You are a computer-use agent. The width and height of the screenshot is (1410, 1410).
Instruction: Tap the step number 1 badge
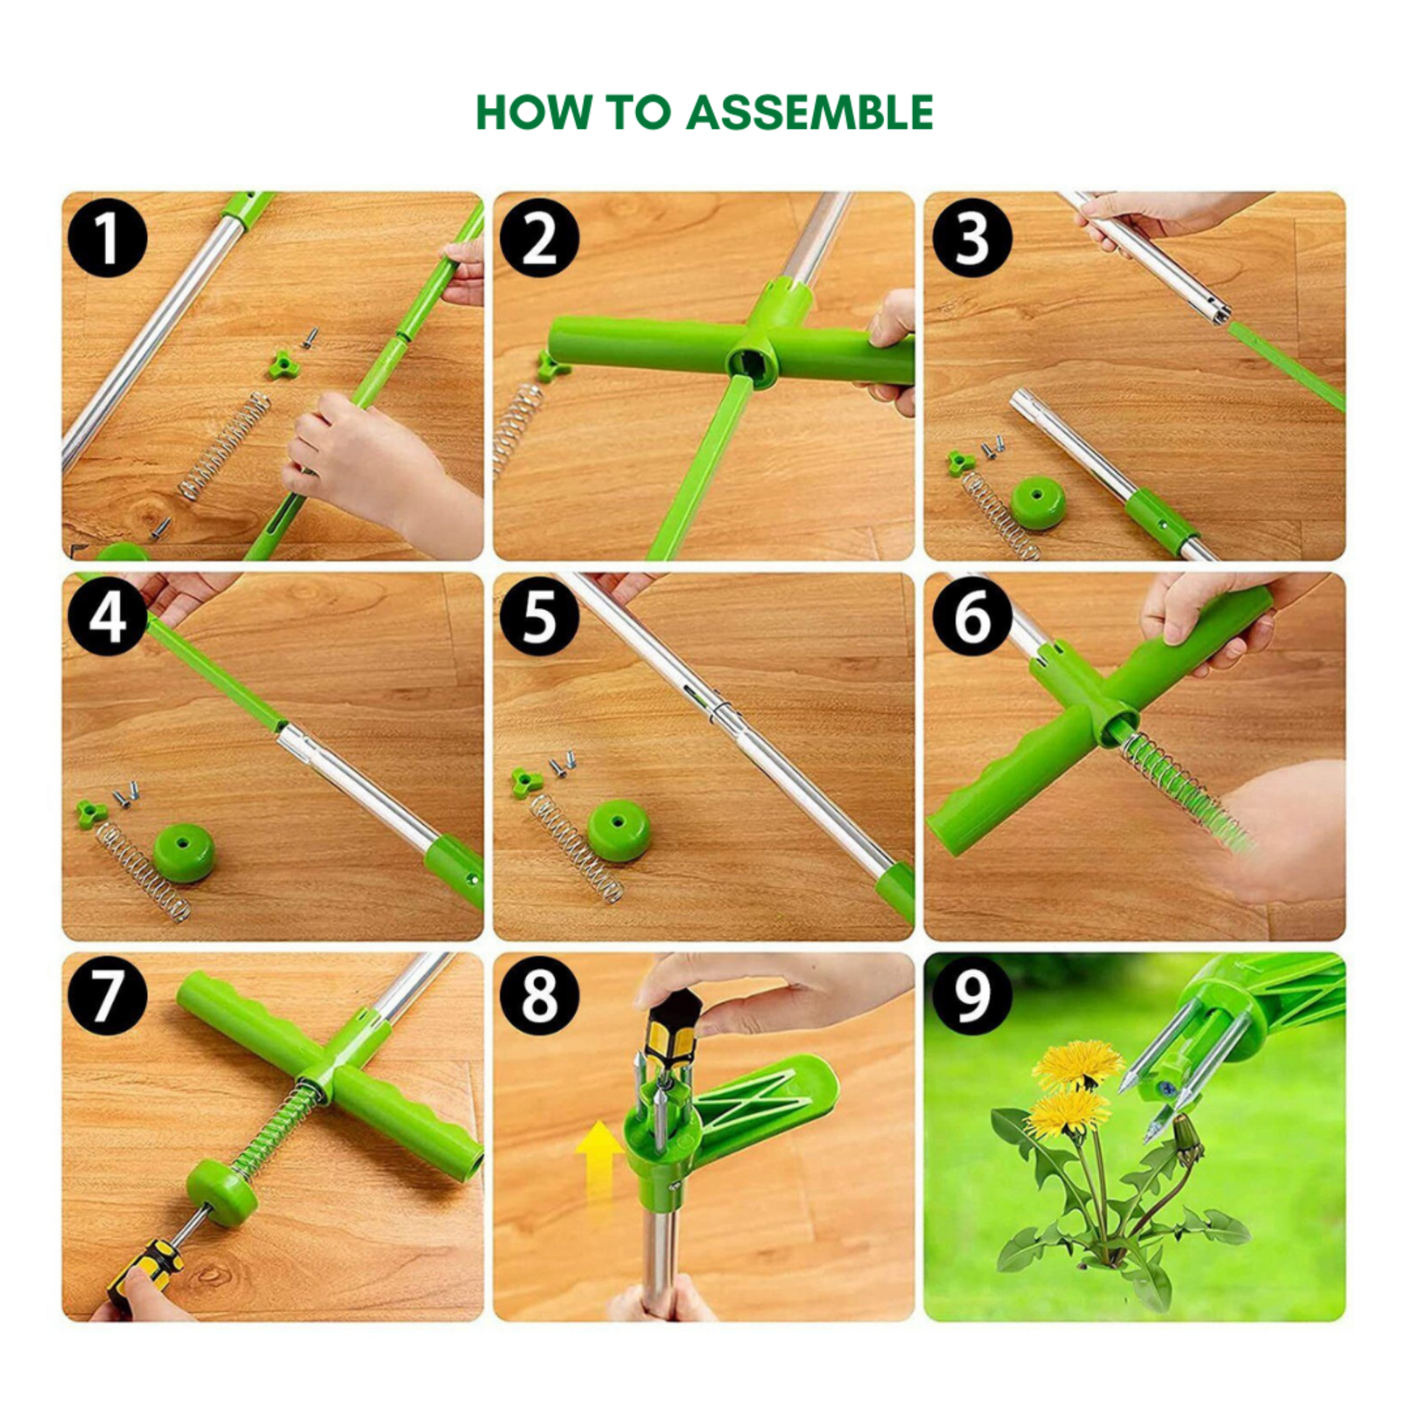(107, 238)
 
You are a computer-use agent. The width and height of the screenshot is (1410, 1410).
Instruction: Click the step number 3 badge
(972, 238)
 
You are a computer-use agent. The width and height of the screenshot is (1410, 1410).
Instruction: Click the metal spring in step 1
(225, 446)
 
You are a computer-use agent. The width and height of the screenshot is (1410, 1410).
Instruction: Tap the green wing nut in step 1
(284, 364)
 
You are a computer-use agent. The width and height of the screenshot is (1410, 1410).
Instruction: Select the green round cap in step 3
(1038, 502)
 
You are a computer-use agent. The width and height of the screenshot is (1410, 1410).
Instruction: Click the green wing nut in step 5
(527, 781)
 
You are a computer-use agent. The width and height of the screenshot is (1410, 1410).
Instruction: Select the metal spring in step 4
(143, 872)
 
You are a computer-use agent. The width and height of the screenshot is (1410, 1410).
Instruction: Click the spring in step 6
(1186, 794)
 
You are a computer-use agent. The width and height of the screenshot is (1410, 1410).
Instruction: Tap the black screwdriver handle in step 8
(673, 1027)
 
